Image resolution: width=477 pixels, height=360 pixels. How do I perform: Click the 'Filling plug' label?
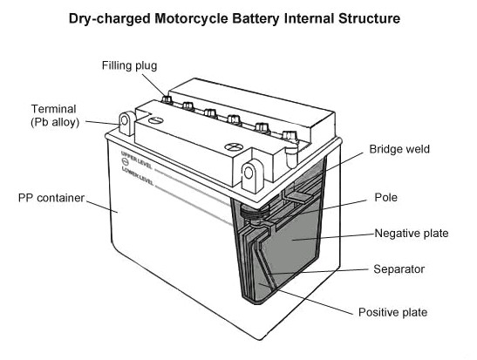click(x=129, y=65)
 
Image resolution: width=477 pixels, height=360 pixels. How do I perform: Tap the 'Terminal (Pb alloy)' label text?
click(x=55, y=116)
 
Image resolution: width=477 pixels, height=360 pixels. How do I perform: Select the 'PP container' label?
click(x=51, y=198)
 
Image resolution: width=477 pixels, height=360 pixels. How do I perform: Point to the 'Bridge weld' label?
click(x=399, y=149)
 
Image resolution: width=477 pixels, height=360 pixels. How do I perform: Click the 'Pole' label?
click(x=385, y=197)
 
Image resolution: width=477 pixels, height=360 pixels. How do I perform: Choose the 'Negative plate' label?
click(x=412, y=234)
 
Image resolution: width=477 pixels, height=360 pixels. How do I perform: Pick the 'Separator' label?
click(x=399, y=269)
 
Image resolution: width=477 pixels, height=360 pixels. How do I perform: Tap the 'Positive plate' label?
click(x=392, y=312)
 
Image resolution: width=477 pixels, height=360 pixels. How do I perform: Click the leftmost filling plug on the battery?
click(x=167, y=99)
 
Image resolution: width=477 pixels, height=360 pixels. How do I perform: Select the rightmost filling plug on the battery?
click(x=290, y=136)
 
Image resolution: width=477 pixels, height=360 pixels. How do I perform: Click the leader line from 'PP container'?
click(x=102, y=207)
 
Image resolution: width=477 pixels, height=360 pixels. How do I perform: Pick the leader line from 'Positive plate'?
click(x=307, y=299)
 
